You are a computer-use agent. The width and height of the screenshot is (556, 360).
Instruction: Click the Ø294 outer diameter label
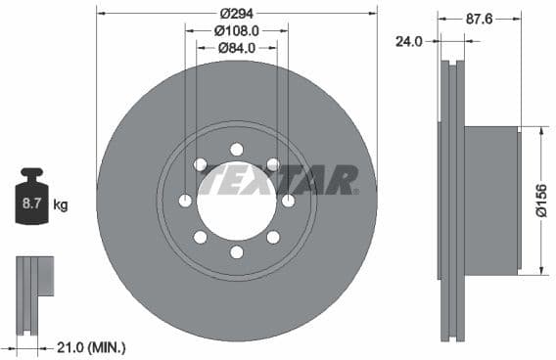(236, 13)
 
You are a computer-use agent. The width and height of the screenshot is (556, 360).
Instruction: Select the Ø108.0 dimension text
(236, 29)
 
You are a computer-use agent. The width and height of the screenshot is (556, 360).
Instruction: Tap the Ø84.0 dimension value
(236, 46)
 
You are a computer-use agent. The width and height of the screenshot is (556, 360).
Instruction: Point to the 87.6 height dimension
(478, 18)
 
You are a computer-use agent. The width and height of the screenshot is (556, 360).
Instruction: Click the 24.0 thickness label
(408, 41)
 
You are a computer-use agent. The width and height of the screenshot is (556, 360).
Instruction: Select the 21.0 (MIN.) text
(92, 347)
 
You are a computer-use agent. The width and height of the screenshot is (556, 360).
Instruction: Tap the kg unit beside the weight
(60, 205)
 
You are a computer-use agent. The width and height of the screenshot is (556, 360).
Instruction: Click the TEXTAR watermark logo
(279, 180)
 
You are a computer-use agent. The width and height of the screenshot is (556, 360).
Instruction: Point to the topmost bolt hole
(237, 149)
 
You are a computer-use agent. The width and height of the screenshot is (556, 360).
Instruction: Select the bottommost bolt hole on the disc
(237, 252)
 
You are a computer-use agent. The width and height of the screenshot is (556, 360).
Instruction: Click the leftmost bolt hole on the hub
(185, 201)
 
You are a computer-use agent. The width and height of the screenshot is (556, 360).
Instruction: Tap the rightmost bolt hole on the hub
(289, 201)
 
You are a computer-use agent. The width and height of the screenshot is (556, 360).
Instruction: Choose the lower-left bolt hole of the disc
(201, 237)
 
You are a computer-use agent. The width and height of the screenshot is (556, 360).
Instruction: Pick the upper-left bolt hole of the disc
(201, 164)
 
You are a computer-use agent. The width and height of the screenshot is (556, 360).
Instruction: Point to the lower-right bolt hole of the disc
(273, 237)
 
